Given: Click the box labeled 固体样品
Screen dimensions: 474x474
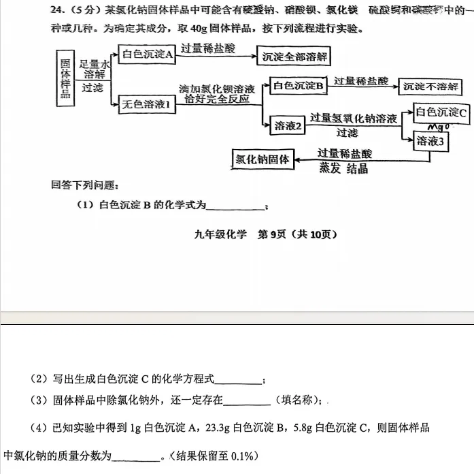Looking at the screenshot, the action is tap(66, 77).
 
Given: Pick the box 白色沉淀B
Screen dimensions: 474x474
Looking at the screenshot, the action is tap(298, 85).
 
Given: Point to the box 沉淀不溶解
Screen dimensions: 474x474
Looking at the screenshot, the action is tap(430, 86).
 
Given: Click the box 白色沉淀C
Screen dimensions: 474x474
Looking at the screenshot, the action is tap(441, 112).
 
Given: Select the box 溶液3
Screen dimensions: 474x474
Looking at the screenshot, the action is tap(433, 141).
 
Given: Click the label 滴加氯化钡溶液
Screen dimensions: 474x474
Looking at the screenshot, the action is tap(216, 89).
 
